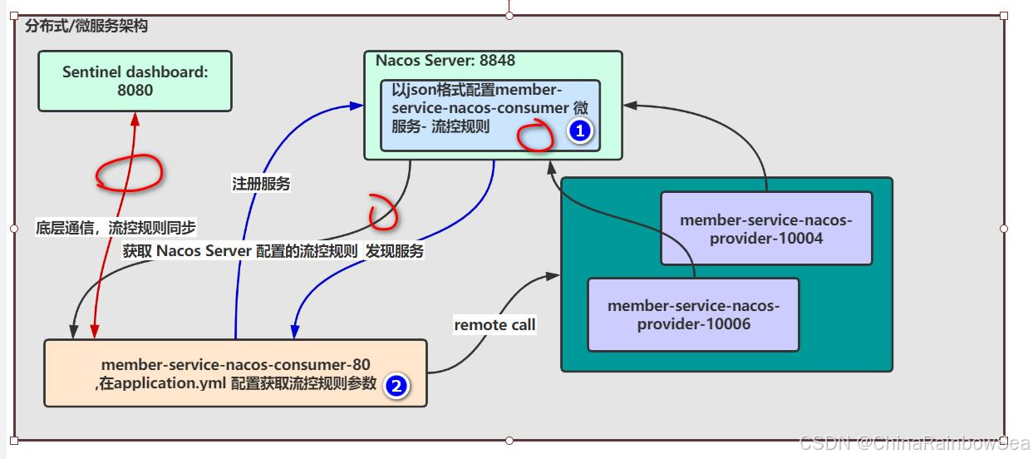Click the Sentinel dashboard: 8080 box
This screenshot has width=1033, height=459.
coord(135,81)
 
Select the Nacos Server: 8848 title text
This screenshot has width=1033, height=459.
coord(445,61)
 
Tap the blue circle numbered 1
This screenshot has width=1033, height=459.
coord(579,131)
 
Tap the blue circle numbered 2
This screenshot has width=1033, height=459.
coord(396,386)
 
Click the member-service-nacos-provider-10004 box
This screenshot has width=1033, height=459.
coord(765,229)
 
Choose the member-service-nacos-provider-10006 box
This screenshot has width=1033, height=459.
coord(693,314)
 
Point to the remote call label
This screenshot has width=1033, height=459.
coord(494,325)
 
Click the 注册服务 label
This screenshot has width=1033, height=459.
coord(261,185)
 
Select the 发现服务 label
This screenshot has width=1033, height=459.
coord(395,251)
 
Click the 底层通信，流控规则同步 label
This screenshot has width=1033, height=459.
coord(116,227)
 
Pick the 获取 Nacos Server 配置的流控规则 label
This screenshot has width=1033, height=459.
coord(240,251)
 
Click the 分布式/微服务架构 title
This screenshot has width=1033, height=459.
coord(86,27)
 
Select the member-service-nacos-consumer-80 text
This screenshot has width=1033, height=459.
coord(235,364)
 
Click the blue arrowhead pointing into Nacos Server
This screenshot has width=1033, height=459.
coord(357,106)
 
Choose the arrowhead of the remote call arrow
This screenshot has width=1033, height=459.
coord(553,274)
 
